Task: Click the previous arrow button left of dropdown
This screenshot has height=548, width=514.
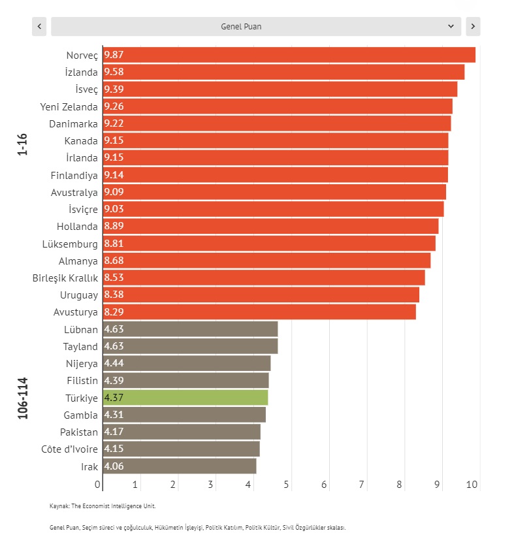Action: (40, 26)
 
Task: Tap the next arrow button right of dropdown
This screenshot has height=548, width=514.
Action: (473, 26)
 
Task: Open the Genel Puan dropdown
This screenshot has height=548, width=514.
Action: (255, 26)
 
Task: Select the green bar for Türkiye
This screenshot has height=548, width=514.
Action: (185, 397)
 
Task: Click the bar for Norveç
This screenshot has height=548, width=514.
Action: (289, 55)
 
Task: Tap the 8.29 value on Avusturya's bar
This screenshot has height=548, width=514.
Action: (114, 312)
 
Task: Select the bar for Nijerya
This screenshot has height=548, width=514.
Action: (187, 363)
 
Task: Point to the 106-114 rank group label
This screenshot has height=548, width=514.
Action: (24, 397)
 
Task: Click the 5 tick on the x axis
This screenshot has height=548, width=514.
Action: (286, 485)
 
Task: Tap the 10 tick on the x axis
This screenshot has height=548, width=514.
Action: (473, 485)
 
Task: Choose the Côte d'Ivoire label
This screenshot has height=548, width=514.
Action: (69, 449)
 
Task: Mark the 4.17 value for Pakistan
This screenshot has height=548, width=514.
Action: (114, 432)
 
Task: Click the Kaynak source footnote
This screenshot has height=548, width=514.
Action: (103, 506)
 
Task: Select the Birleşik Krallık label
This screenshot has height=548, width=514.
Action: (65, 278)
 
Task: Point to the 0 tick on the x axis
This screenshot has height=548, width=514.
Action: (98, 485)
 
